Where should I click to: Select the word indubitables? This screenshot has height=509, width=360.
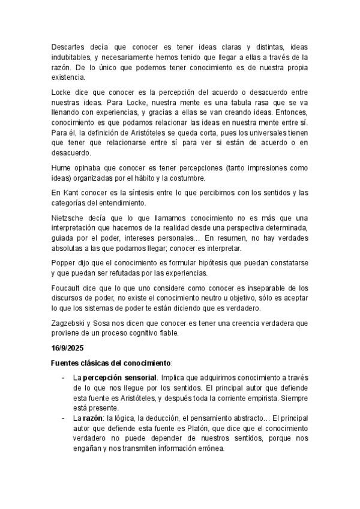pos(70,57)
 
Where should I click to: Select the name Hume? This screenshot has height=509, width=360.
pos(61,167)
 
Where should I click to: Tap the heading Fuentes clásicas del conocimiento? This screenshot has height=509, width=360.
pos(111,363)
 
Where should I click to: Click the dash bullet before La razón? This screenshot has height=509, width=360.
pos(64,418)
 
